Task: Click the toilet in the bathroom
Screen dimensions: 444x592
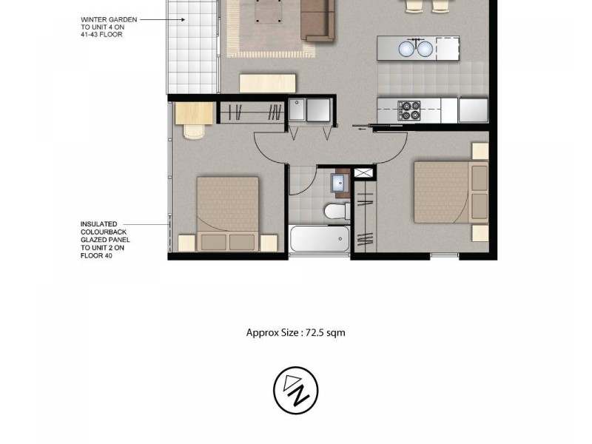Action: [x=336, y=212]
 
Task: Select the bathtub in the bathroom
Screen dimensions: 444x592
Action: [x=320, y=239]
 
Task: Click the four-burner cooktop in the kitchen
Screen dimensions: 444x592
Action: [x=409, y=110]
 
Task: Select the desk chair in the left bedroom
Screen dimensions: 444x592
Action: [x=192, y=131]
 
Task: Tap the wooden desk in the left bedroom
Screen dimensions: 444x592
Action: [x=194, y=112]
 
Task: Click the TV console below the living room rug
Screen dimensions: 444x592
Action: [x=267, y=81]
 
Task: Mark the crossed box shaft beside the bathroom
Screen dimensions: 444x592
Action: [x=364, y=173]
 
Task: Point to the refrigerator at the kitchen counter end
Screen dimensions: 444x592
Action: [x=472, y=110]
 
